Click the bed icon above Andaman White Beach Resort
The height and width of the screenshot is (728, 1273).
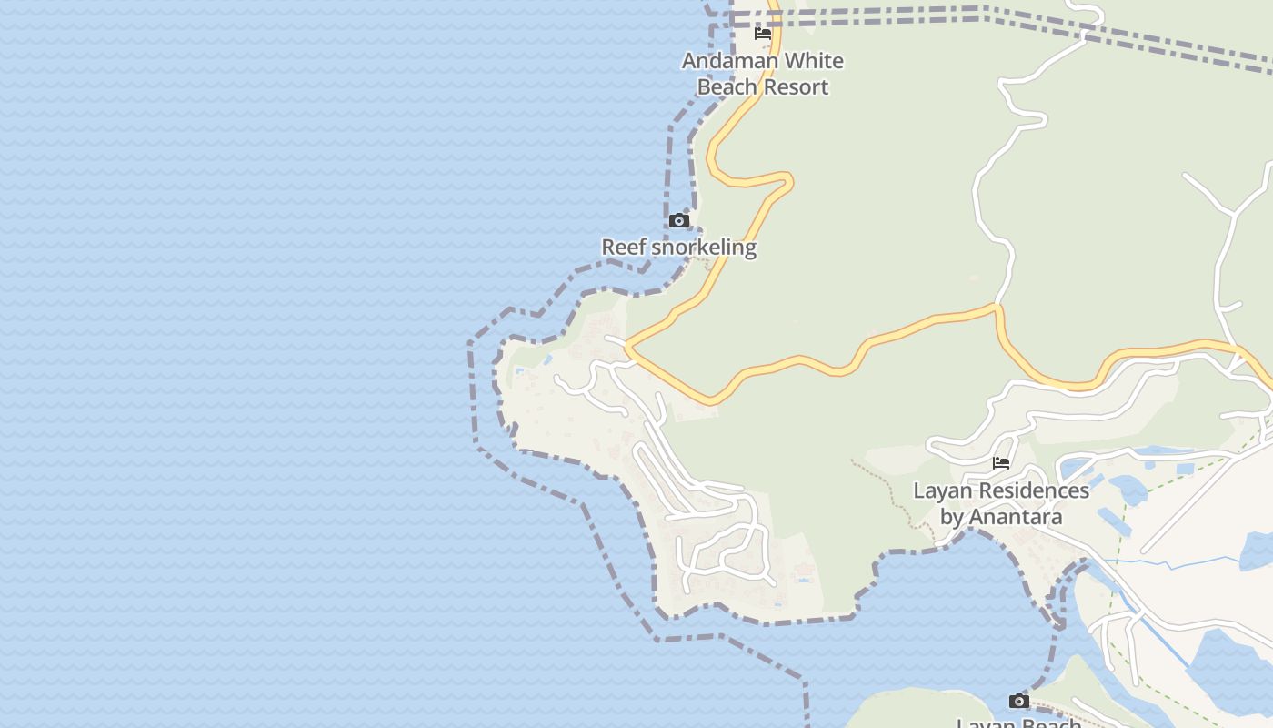point(763,34)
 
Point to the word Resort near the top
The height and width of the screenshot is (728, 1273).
point(797,87)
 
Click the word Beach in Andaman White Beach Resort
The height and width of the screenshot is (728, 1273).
point(727,87)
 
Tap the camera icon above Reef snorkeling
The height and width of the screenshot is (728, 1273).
point(679,221)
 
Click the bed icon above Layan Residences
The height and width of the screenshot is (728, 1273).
point(1001,463)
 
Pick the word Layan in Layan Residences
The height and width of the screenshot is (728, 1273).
point(940,491)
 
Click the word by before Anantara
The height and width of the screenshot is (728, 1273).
point(952,518)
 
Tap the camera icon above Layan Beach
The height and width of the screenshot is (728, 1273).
point(1019,701)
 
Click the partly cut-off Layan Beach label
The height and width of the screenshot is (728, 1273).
point(1018,723)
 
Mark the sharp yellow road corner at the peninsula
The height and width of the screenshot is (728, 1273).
point(626,347)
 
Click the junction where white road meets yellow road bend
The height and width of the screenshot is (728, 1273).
point(997,306)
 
